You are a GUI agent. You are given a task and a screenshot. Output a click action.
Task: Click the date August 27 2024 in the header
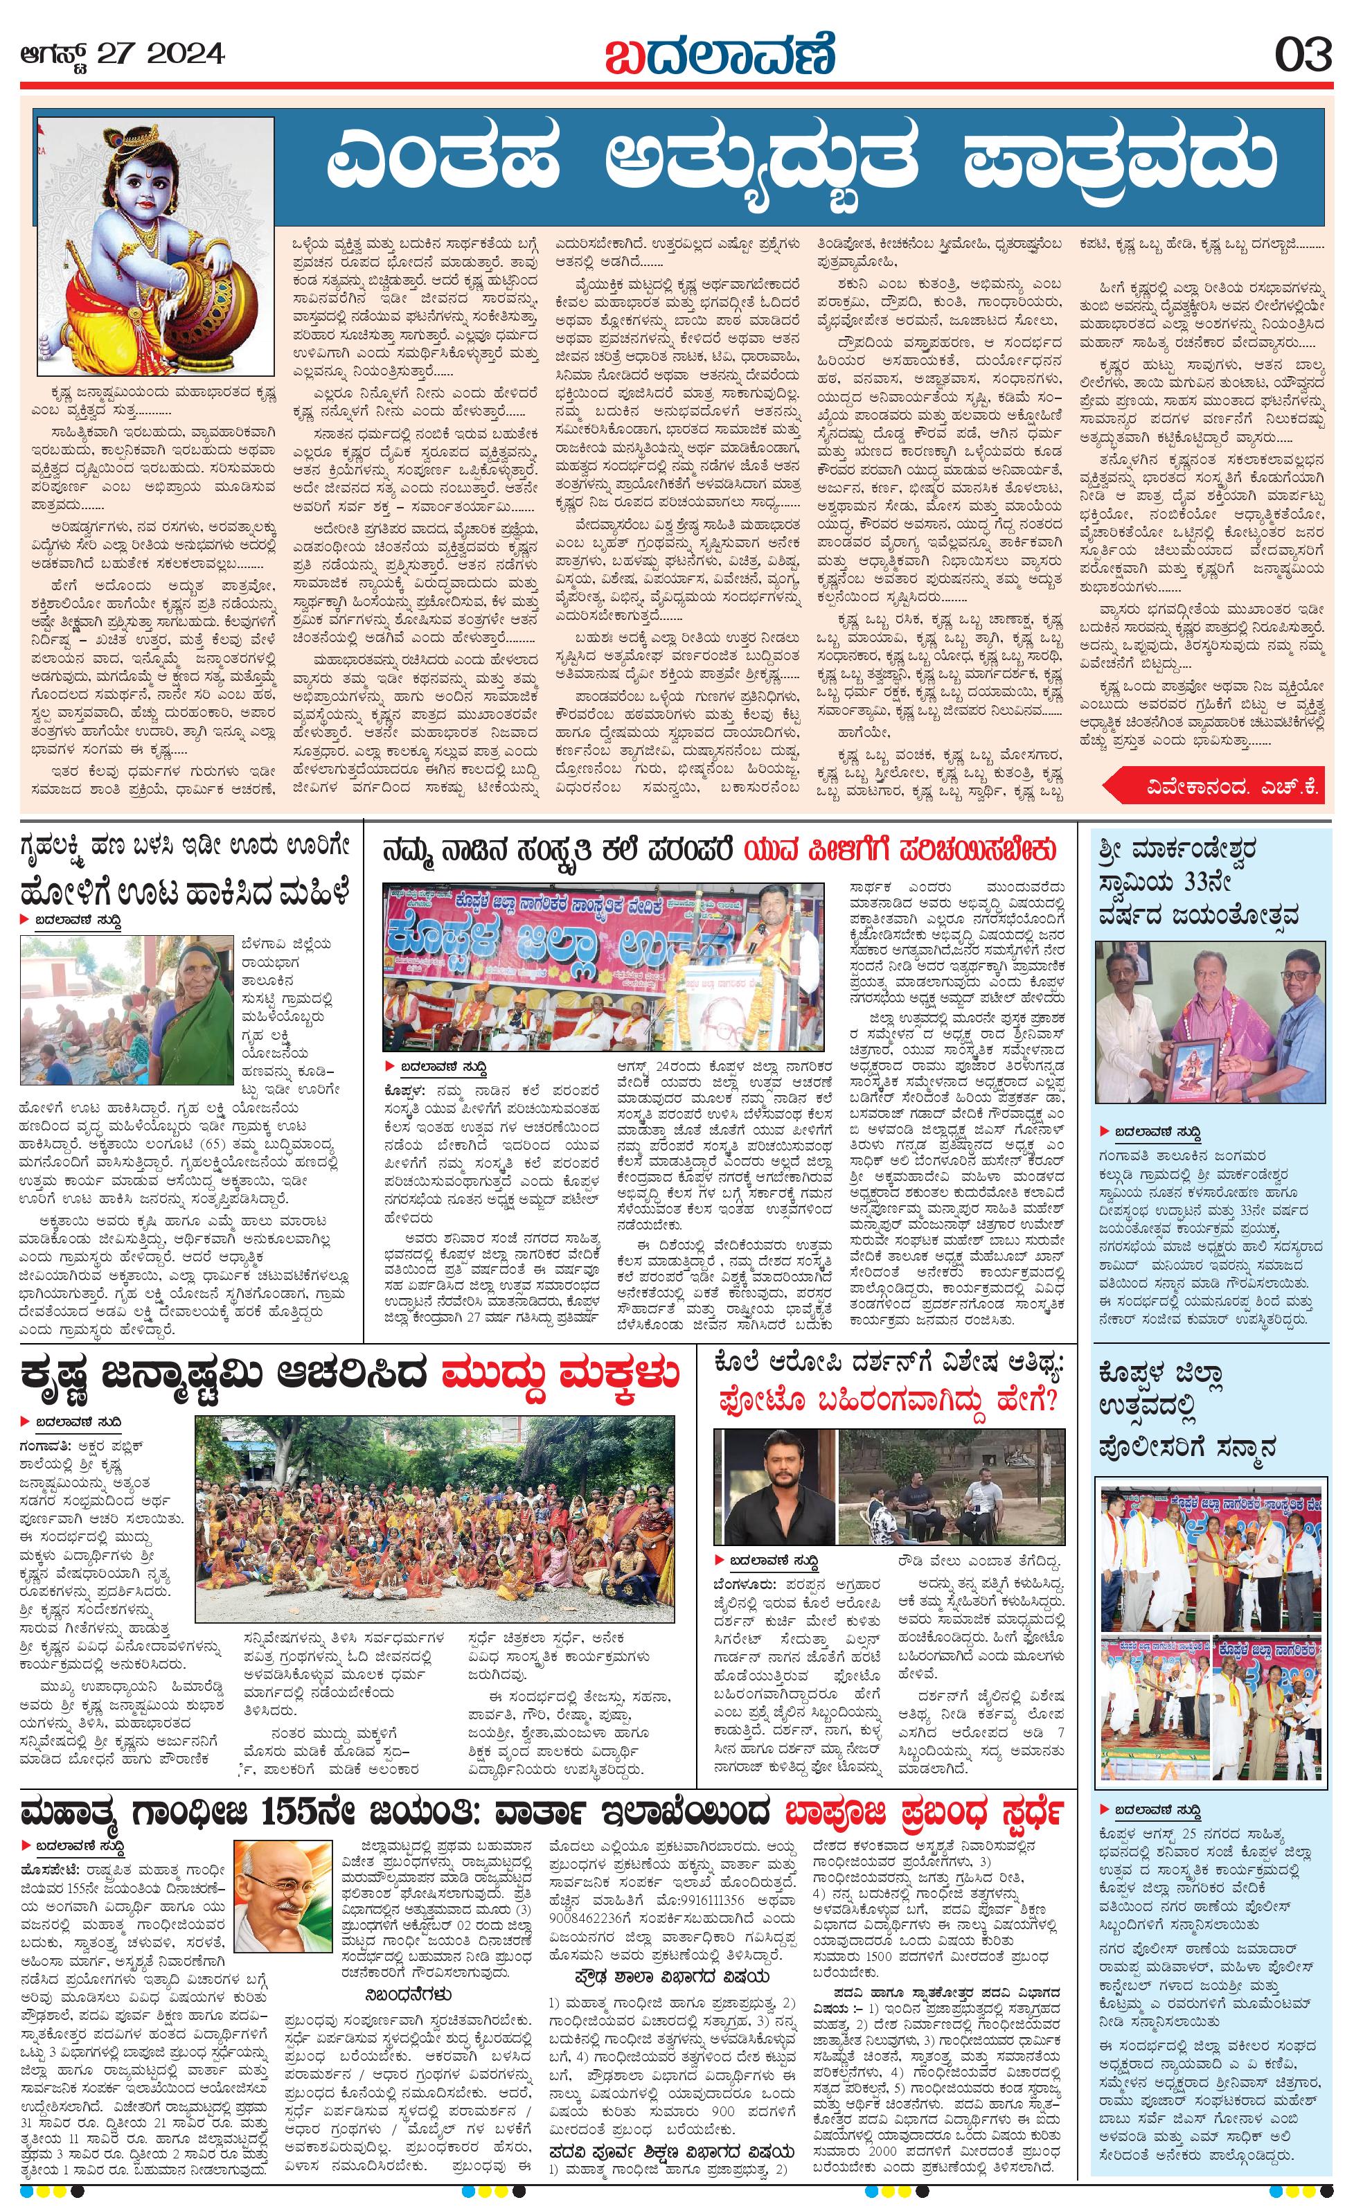click(123, 55)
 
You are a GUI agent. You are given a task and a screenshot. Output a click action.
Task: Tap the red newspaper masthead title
click(720, 55)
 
